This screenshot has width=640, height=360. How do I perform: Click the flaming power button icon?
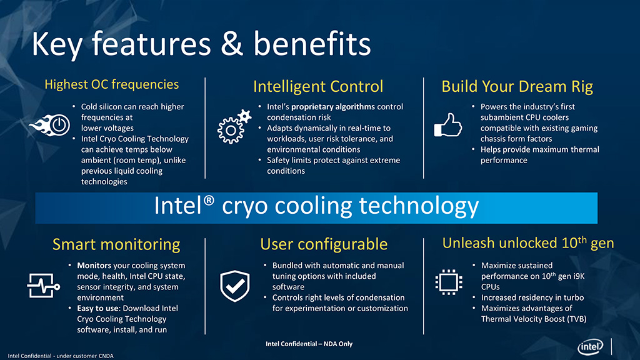[50, 125]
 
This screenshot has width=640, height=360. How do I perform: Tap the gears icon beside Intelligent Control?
[234, 126]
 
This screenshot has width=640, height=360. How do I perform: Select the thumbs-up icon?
[447, 125]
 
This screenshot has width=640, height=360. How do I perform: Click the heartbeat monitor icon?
[44, 286]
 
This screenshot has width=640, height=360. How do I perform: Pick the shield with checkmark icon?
[235, 286]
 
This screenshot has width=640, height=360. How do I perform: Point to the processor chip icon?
[449, 282]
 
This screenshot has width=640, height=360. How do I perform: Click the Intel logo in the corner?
[590, 347]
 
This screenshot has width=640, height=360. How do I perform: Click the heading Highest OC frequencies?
[111, 84]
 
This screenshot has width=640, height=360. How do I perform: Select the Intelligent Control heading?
[318, 86]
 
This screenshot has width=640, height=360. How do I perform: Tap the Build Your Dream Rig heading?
[517, 86]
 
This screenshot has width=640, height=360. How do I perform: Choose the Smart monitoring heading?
[116, 244]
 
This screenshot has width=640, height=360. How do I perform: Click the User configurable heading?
[324, 244]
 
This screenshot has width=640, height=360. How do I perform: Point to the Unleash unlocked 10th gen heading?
[528, 243]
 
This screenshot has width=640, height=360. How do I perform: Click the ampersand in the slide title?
[232, 44]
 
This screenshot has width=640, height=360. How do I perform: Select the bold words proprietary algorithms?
[333, 106]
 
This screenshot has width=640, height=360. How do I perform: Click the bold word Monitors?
[94, 265]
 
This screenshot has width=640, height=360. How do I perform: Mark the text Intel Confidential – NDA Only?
[309, 344]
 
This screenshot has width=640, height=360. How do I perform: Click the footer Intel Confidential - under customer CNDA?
[61, 356]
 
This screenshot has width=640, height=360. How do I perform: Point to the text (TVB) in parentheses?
[576, 319]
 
